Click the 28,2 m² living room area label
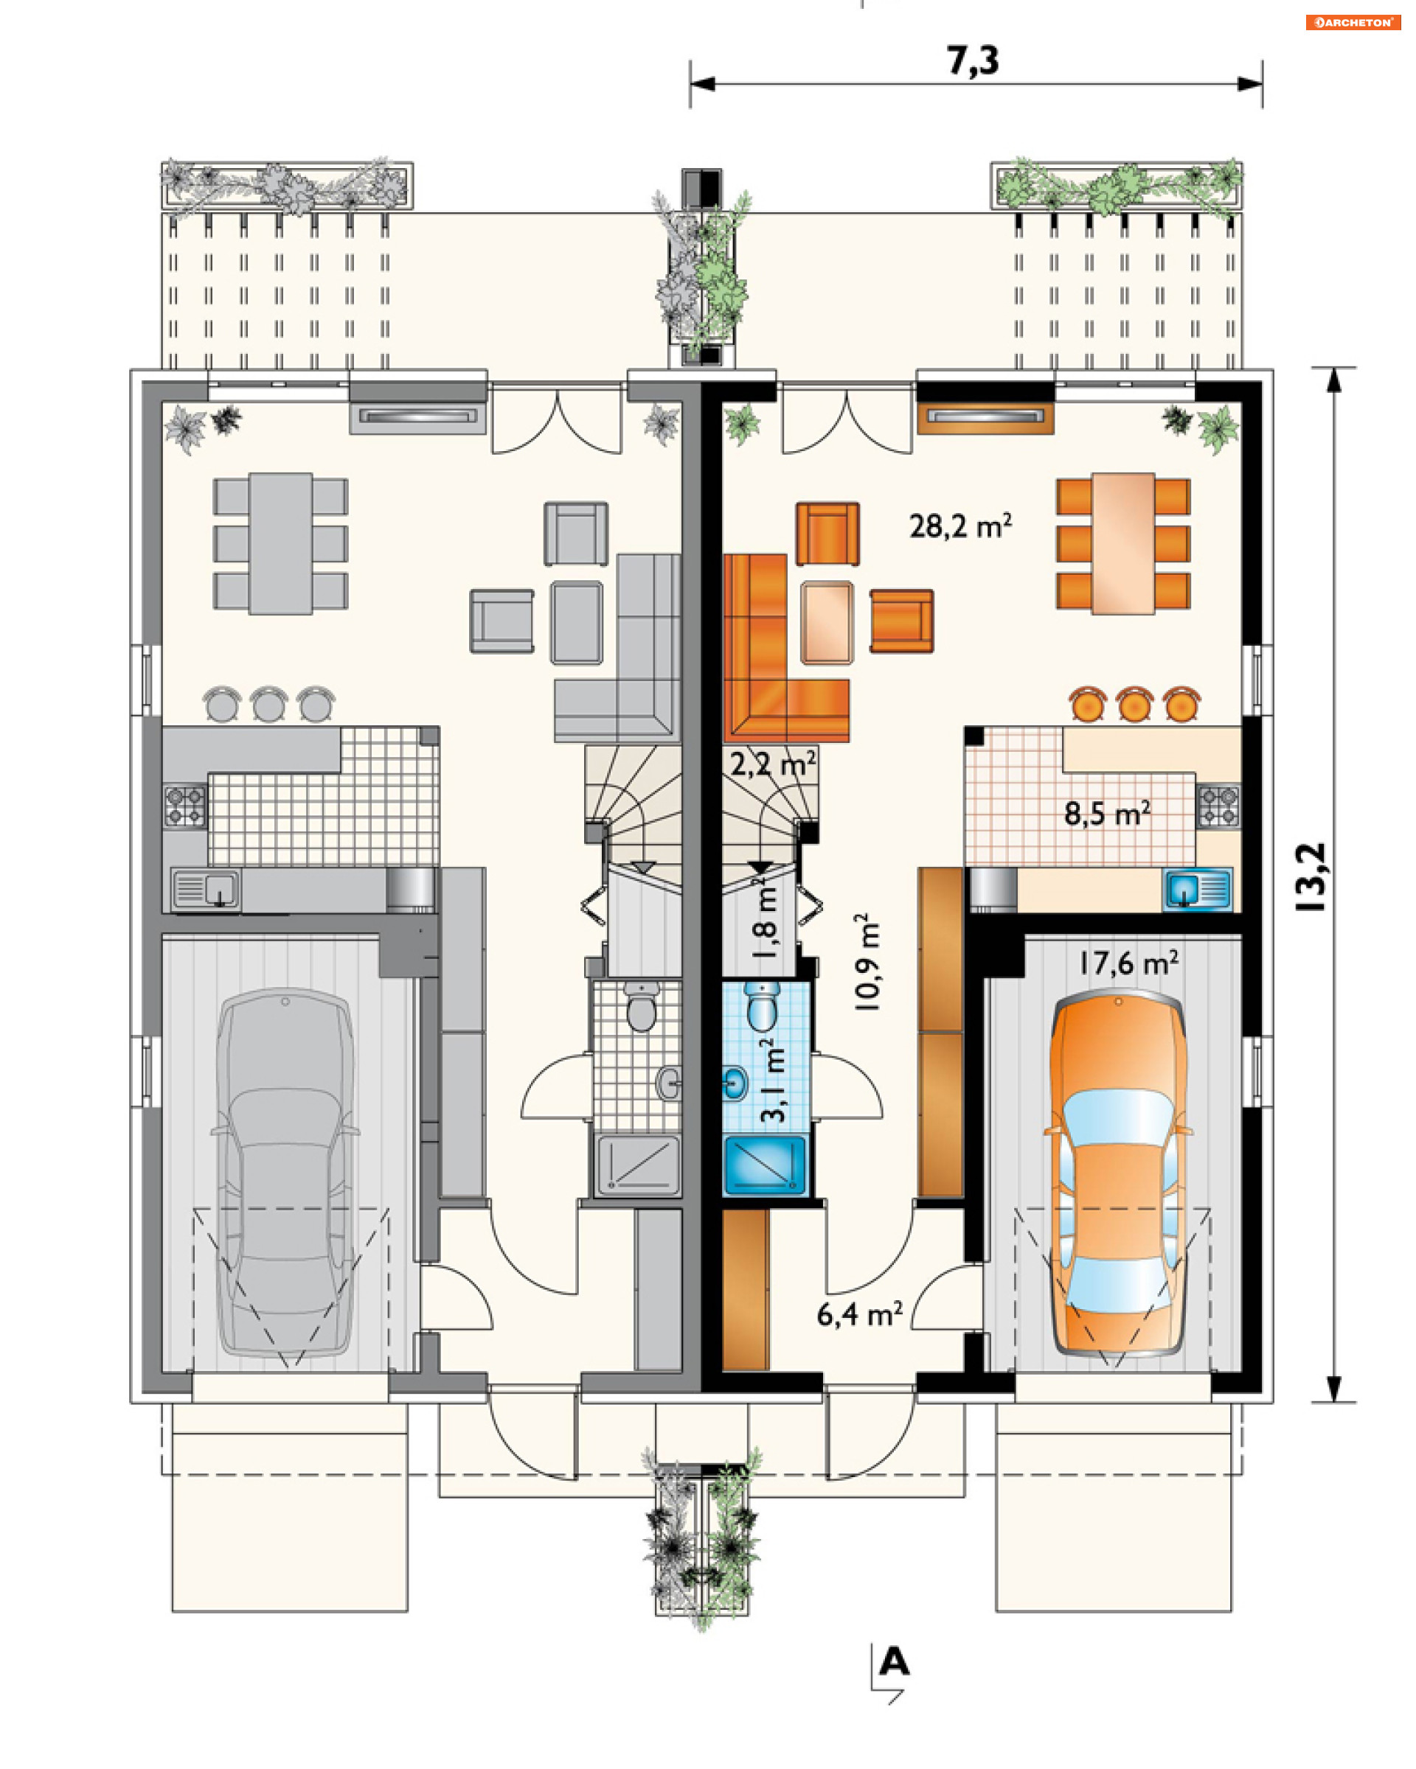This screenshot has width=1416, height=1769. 959,526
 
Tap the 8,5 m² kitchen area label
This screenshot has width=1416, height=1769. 1106,813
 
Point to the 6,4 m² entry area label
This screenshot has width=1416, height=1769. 859,1313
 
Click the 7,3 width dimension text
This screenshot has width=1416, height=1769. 973,60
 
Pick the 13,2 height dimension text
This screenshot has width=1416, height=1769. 1311,877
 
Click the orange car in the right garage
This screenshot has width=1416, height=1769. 1118,1173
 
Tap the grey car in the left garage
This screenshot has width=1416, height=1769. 285,1172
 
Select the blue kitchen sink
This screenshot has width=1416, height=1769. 1198,890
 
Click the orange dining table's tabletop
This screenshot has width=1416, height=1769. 1123,543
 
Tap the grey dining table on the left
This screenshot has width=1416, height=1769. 281,543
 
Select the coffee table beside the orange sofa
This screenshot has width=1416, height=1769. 827,622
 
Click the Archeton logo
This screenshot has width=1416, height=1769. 1352,22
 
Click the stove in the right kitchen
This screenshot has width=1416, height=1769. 1218,806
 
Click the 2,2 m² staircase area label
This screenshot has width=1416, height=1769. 772,763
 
